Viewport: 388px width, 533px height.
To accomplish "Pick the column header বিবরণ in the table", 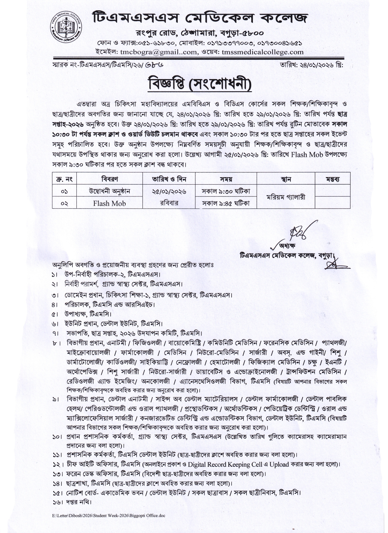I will (x=109, y=179).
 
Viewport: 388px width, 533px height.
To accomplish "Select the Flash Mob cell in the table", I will (x=109, y=203).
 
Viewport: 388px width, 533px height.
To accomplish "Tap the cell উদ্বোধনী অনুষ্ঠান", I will (x=109, y=191).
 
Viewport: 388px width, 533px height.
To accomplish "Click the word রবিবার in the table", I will (x=169, y=203).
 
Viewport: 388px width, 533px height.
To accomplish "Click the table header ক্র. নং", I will (x=64, y=179).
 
